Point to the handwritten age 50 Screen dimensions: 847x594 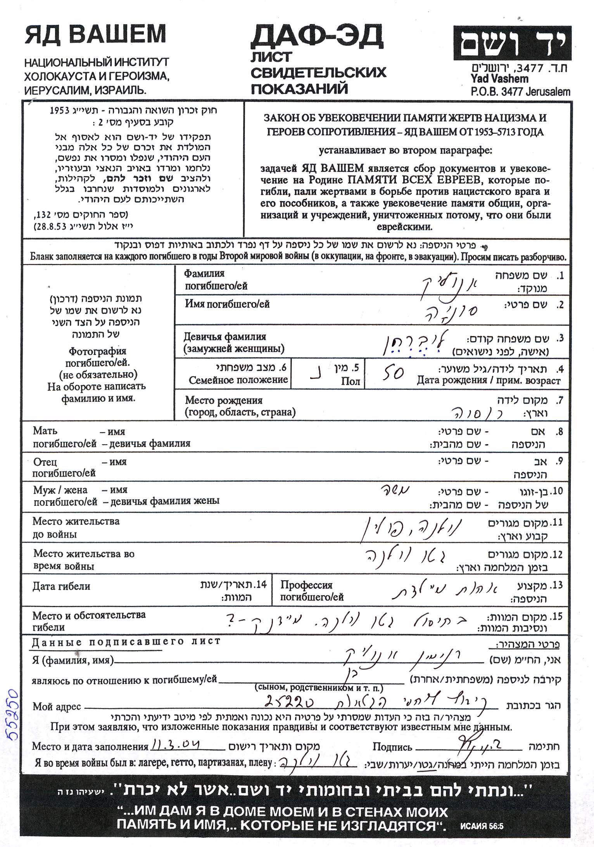coord(393,373)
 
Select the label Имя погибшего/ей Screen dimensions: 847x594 coord(227,304)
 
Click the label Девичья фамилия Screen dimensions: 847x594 coord(225,337)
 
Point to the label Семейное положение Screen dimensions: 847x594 coord(238,380)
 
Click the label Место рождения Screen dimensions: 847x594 coord(224,400)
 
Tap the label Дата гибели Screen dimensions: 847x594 coord(61,586)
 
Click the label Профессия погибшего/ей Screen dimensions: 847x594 coord(306,585)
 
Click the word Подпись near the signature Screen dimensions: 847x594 coord(392,746)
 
